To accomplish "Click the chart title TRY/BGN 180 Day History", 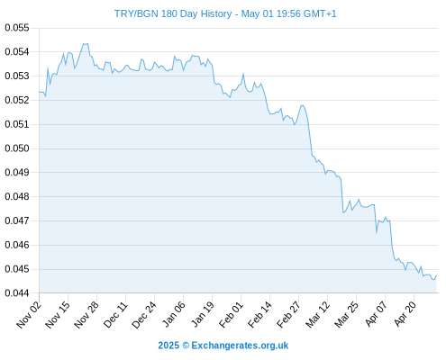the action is pyautogui.click(x=173, y=13).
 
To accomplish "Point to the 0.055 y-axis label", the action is pyautogui.click(x=17, y=28).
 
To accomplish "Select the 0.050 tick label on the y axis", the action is pyautogui.click(x=17, y=148).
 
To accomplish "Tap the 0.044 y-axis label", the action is pyautogui.click(x=17, y=293).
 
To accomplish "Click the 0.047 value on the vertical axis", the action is pyautogui.click(x=17, y=220).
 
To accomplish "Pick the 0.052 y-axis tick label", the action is pyautogui.click(x=17, y=100).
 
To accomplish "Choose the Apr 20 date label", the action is pyautogui.click(x=405, y=314).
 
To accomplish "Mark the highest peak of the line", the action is pyautogui.click(x=85, y=44).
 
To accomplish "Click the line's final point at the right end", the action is pyautogui.click(x=436, y=275).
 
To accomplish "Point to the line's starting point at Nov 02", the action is pyautogui.click(x=40, y=92).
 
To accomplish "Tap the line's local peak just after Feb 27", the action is pyautogui.click(x=302, y=105).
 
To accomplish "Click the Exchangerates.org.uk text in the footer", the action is pyautogui.click(x=240, y=346).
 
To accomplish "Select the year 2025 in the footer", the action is pyautogui.click(x=168, y=346).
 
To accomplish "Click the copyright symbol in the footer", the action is pyautogui.click(x=186, y=346).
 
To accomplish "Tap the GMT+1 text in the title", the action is pyautogui.click(x=320, y=13).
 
